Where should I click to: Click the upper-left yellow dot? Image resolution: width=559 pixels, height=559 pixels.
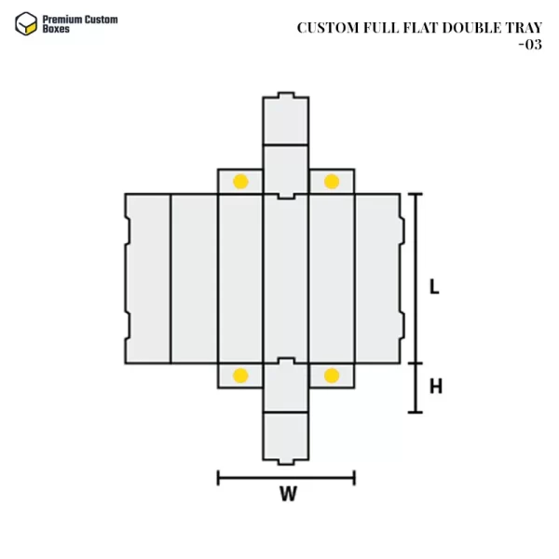point(240,181)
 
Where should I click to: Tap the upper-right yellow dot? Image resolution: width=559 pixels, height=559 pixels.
point(332,181)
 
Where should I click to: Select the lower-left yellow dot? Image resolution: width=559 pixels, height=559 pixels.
point(240,375)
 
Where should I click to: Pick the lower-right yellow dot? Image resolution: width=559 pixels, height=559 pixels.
point(332,375)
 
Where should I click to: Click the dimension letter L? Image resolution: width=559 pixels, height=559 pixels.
point(434,287)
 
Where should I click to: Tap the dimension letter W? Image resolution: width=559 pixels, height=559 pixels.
point(288,495)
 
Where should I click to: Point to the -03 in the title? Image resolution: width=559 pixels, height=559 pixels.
point(529,44)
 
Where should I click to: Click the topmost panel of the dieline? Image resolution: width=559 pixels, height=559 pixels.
point(286,119)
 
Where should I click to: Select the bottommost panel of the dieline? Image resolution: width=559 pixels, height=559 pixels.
point(286,437)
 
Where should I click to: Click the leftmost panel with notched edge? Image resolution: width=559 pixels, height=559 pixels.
point(148,278)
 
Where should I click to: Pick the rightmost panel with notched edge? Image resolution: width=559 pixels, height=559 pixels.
point(378,278)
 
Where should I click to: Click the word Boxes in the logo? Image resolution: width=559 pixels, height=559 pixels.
point(56,30)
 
